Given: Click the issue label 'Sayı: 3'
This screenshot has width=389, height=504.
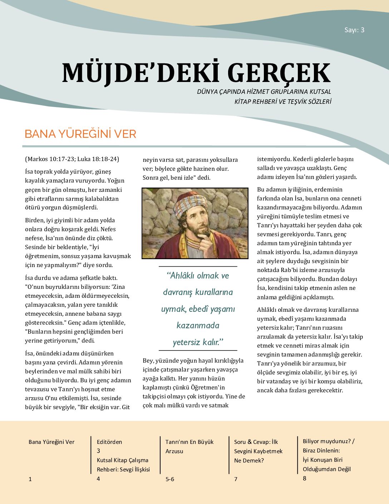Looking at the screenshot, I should [x=354, y=30].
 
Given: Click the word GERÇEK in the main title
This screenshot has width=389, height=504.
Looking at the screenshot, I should [x=279, y=73].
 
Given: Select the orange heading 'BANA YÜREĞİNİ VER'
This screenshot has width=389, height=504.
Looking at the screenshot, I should [x=80, y=134].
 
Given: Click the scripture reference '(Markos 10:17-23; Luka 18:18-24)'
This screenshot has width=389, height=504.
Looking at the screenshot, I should [x=72, y=159].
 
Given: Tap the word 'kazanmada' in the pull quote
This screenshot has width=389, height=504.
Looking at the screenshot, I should [x=198, y=325].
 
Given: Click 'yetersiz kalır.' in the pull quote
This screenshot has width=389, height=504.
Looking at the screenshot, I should [x=198, y=342].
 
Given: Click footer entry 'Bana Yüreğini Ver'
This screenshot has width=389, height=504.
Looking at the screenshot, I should [x=51, y=442].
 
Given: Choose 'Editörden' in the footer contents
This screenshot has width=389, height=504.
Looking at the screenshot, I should [x=109, y=442].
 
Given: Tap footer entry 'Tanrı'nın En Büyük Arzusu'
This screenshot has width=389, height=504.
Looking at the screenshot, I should [x=189, y=446].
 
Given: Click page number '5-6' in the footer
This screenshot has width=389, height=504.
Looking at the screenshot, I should [x=170, y=479].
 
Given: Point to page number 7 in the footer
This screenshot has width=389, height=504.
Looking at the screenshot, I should [x=236, y=479].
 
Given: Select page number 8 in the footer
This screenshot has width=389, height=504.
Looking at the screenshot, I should [x=305, y=478].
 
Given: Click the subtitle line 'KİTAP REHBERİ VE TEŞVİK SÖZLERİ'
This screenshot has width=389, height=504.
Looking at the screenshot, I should [x=282, y=102].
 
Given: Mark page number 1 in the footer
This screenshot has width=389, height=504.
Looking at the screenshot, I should [x=30, y=479].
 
